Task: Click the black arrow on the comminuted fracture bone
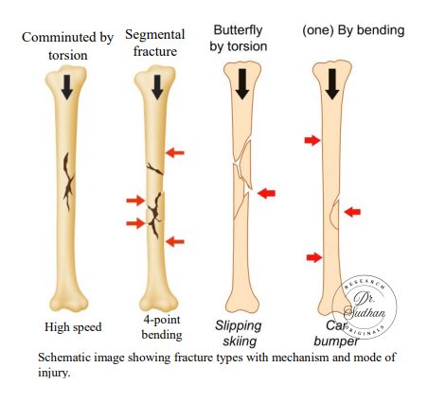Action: [67, 87]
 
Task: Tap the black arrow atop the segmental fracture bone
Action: [157, 87]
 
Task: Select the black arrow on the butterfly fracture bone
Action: [242, 84]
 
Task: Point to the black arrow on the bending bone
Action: [332, 84]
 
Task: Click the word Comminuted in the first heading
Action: [59, 37]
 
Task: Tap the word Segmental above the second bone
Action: [154, 35]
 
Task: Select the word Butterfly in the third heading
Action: [238, 30]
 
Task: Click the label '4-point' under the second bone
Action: [162, 320]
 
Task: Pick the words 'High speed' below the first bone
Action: [73, 327]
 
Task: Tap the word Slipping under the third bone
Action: [239, 326]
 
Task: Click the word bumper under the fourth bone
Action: [336, 341]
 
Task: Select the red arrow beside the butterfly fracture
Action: [266, 193]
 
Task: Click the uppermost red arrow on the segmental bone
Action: [175, 153]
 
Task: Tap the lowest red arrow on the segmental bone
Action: [175, 242]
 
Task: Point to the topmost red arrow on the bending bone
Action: [312, 140]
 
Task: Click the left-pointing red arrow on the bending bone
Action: [352, 212]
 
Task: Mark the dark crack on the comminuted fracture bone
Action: [68, 181]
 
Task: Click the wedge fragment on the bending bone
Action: [335, 214]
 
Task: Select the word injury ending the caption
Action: [53, 374]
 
